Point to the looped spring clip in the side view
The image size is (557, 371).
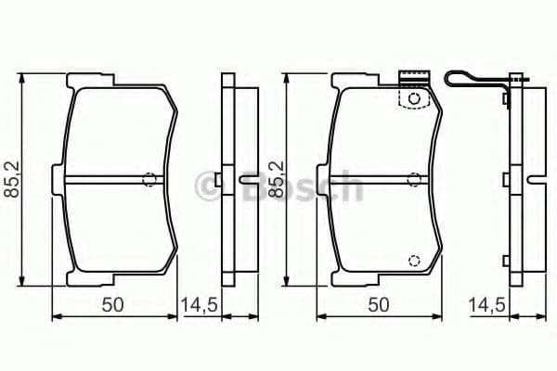tap(473, 81)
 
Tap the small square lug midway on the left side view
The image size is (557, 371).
tap(215, 179)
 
